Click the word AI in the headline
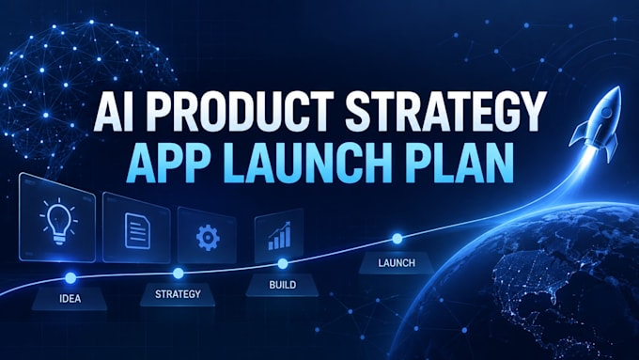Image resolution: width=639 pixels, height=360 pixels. (x=114, y=112)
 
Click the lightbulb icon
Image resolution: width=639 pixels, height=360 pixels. (x=58, y=222)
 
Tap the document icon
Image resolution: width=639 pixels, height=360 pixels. (x=137, y=230)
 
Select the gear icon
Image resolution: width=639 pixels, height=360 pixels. (x=208, y=237)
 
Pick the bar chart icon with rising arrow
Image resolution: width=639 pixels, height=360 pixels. (x=280, y=236)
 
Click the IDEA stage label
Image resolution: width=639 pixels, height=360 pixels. (x=70, y=299)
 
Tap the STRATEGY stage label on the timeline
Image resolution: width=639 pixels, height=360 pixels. (x=178, y=294)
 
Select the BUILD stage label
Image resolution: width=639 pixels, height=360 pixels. (x=283, y=285)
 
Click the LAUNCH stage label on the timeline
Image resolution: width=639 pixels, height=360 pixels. (x=397, y=263)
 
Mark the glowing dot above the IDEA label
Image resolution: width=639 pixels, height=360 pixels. (x=70, y=278)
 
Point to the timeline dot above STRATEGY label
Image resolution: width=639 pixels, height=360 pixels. (x=179, y=274)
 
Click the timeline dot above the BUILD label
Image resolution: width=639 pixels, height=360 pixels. (x=283, y=264)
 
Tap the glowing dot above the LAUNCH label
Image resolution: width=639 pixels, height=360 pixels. (x=397, y=239)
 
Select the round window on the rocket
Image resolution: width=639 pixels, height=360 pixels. (x=606, y=113)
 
